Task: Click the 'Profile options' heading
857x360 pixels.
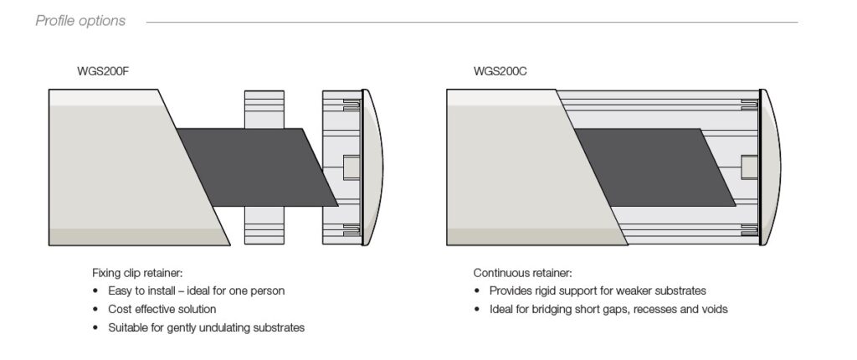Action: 80,20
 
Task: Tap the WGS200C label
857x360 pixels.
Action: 499,71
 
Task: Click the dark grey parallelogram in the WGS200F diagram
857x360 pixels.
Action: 251,167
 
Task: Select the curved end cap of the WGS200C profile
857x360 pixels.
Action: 772,167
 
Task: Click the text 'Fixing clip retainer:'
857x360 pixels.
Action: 137,273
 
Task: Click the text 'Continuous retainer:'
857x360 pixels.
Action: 522,273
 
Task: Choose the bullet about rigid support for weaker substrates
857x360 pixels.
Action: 598,291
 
